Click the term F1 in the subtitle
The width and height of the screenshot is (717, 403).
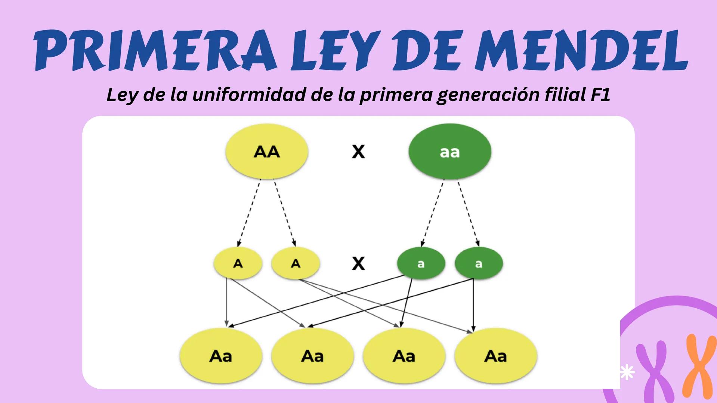pyautogui.click(x=600, y=95)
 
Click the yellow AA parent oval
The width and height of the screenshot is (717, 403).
pyautogui.click(x=267, y=151)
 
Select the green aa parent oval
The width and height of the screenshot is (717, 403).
pyautogui.click(x=449, y=151)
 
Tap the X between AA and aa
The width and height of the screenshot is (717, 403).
pyautogui.click(x=358, y=151)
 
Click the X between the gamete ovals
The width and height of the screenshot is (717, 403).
pyautogui.click(x=358, y=263)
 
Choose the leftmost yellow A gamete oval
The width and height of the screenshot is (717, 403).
pyautogui.click(x=238, y=263)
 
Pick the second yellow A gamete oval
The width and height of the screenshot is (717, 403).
pyautogui.click(x=296, y=263)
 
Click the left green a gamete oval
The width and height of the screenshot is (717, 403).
pyautogui.click(x=421, y=263)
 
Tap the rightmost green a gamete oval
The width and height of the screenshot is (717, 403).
pyautogui.click(x=479, y=263)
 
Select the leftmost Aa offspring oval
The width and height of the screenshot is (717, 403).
pyautogui.click(x=221, y=356)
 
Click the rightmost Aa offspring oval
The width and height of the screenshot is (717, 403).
pyautogui.click(x=495, y=356)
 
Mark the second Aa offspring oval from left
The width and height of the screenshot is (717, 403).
pyautogui.click(x=312, y=356)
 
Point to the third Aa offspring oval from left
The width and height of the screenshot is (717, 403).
pyautogui.click(x=404, y=356)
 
